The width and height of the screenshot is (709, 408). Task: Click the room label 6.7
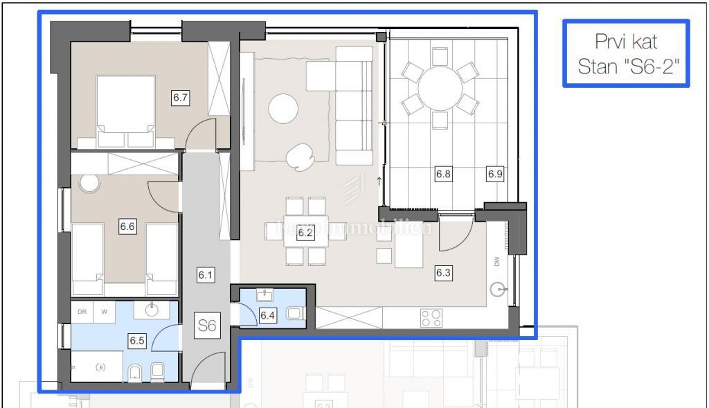pyautogui.click(x=181, y=98)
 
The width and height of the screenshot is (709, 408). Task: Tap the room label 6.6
pyautogui.click(x=127, y=226)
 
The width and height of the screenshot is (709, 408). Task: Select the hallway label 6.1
pyautogui.click(x=205, y=275)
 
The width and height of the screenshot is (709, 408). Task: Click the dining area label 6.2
pyautogui.click(x=305, y=233)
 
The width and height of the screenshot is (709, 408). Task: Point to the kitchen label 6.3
pyautogui.click(x=443, y=273)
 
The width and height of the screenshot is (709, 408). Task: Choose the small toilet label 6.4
pyautogui.click(x=267, y=316)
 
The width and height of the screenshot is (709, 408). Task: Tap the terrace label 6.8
pyautogui.click(x=443, y=174)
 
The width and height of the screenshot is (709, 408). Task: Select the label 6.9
pyautogui.click(x=494, y=174)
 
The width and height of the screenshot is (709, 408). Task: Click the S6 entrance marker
pyautogui.click(x=207, y=326)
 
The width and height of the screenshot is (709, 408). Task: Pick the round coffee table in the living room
pyautogui.click(x=283, y=108)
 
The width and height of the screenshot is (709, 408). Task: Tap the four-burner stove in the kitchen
pyautogui.click(x=431, y=317)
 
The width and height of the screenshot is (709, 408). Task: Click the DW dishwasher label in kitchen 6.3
pyautogui.click(x=496, y=261)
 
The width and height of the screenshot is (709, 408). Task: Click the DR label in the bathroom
pyautogui.click(x=82, y=312)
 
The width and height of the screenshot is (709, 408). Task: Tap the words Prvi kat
pyautogui.click(x=627, y=42)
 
